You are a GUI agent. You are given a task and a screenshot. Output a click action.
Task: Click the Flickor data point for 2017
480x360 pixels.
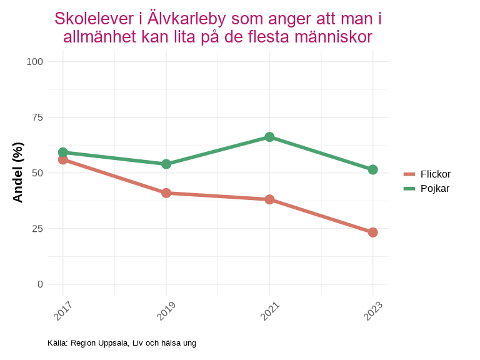63,159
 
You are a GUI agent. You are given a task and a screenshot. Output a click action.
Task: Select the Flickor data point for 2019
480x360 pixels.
166,193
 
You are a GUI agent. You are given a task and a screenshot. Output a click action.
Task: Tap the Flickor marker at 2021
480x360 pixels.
269,199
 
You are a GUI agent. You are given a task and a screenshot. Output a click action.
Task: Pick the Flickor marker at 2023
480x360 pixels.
372,232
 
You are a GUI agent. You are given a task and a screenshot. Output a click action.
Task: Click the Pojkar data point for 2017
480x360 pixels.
63,152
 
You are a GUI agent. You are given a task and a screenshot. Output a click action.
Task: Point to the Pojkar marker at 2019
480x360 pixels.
166,164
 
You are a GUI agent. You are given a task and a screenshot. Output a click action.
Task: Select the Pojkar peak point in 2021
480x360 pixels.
269,137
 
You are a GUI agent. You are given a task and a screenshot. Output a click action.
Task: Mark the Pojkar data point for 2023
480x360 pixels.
372,169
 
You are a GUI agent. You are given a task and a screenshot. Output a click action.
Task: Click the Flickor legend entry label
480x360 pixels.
436,174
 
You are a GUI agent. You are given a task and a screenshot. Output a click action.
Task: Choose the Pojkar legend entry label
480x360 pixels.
435,188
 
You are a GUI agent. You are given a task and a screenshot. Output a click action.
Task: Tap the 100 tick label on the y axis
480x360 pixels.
35,61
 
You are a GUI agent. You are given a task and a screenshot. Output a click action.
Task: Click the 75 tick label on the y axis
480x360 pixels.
37,117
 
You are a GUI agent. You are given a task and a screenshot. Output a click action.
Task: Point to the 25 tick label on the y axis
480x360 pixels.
37,228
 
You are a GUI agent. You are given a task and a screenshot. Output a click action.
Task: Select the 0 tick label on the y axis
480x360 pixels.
41,284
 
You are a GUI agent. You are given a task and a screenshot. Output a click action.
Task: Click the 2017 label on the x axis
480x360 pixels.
63,311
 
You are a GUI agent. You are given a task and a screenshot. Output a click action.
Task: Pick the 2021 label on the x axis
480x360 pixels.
269,311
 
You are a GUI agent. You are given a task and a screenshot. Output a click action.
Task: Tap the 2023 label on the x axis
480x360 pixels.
372,311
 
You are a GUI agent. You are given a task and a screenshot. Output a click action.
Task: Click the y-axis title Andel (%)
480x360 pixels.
18,172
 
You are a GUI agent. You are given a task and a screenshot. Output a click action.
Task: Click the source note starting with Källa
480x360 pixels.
122,343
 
